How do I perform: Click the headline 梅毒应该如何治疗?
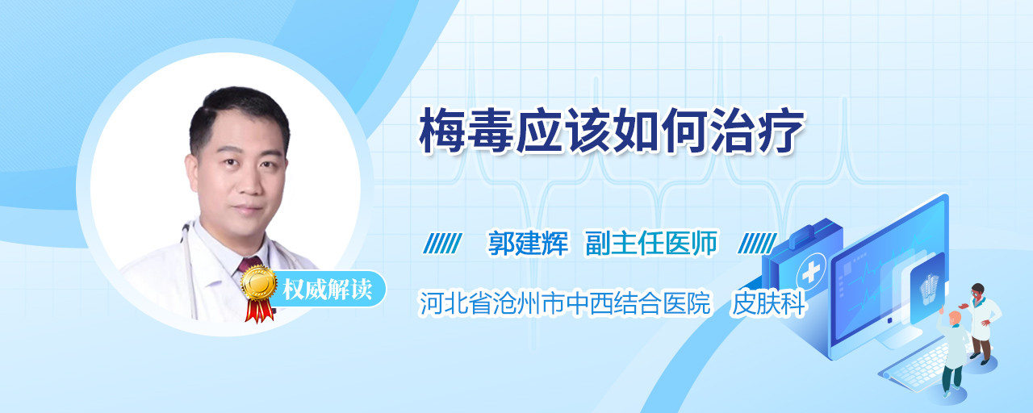[x=612, y=131]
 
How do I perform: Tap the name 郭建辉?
[x=528, y=243]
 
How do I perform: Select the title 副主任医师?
[x=651, y=243]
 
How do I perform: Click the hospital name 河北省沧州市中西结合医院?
[x=565, y=303]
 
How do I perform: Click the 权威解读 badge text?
[x=328, y=290]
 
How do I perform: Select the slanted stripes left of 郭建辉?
[x=442, y=244]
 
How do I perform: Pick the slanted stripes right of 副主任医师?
[x=757, y=244]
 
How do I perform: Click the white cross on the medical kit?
[x=811, y=273]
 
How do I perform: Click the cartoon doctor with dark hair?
[x=982, y=323]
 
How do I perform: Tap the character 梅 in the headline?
[x=441, y=131]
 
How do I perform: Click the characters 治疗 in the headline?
[x=758, y=131]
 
